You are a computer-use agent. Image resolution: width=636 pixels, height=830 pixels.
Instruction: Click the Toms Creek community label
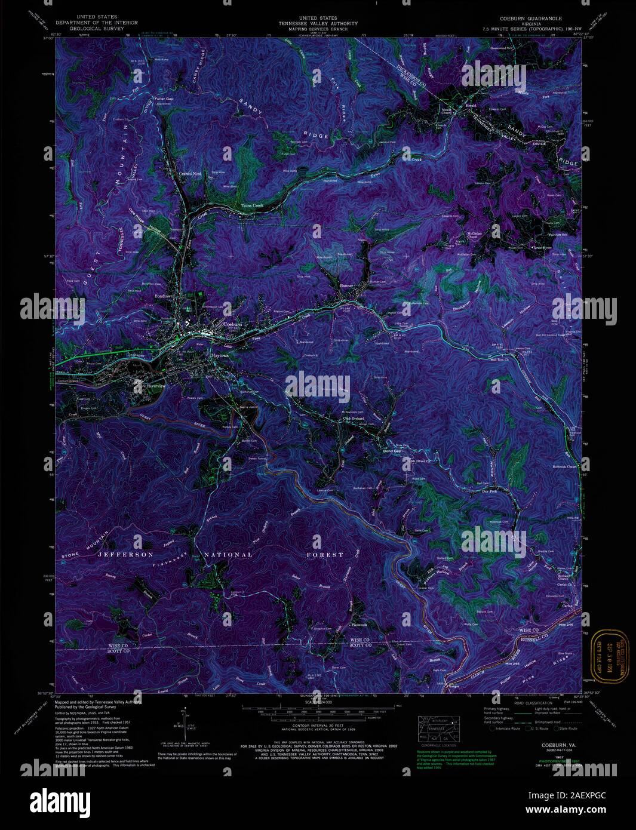[251, 205]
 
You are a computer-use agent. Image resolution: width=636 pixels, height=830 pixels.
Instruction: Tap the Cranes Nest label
[190, 174]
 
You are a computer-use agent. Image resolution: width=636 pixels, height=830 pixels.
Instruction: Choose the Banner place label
[347, 286]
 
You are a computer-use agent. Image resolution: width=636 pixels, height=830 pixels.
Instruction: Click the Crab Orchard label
[354, 418]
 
